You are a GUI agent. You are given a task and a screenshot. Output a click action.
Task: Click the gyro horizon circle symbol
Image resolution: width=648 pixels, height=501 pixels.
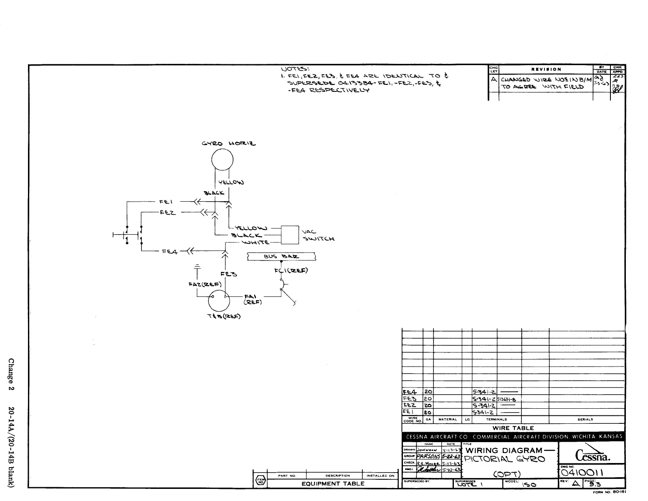(x=222, y=159)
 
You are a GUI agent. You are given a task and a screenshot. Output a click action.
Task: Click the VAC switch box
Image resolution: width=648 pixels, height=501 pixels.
(x=290, y=235)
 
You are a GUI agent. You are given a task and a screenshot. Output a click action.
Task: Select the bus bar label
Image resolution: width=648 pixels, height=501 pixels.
(x=281, y=256)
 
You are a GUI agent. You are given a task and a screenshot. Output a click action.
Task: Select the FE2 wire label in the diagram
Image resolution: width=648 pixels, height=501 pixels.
(x=168, y=213)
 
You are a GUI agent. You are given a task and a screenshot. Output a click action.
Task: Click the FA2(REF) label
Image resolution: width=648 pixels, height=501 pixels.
(x=201, y=284)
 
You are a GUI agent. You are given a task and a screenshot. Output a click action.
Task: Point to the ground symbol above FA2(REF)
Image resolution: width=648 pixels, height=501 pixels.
(x=197, y=266)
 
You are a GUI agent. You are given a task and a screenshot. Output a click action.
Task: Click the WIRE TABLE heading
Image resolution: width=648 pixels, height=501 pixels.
(x=513, y=428)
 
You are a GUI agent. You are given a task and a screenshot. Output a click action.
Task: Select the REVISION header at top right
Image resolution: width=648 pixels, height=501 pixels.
(x=546, y=69)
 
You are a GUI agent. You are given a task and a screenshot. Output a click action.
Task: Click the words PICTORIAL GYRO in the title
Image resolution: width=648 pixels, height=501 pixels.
(x=504, y=459)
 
